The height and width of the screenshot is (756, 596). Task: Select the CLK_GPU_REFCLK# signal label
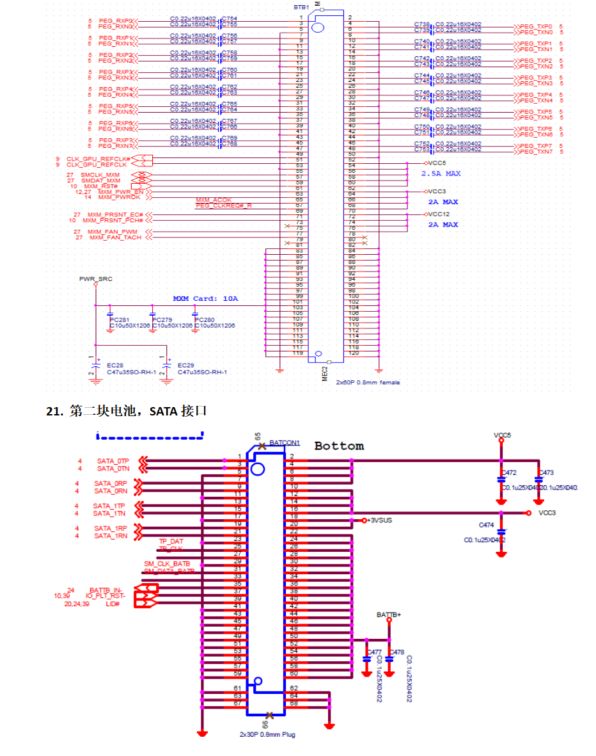[x=98, y=158]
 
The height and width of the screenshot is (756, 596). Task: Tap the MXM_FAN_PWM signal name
[x=113, y=231]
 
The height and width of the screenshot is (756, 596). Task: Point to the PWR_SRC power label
[x=91, y=279]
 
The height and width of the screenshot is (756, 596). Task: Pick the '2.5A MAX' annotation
[x=441, y=173]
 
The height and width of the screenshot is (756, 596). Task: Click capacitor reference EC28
[x=115, y=365]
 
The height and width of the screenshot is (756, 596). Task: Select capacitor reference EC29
[x=185, y=365]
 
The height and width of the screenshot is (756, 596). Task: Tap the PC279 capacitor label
[x=162, y=319]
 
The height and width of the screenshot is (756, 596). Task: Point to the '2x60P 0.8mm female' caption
[x=368, y=382]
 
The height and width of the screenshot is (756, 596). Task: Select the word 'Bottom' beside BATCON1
[x=339, y=446]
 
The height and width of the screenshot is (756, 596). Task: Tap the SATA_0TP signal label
[x=113, y=461]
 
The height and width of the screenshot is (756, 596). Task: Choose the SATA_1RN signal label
[x=111, y=536]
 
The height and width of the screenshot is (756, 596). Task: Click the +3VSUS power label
[x=380, y=520]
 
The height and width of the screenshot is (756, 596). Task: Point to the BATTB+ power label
[x=389, y=615]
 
